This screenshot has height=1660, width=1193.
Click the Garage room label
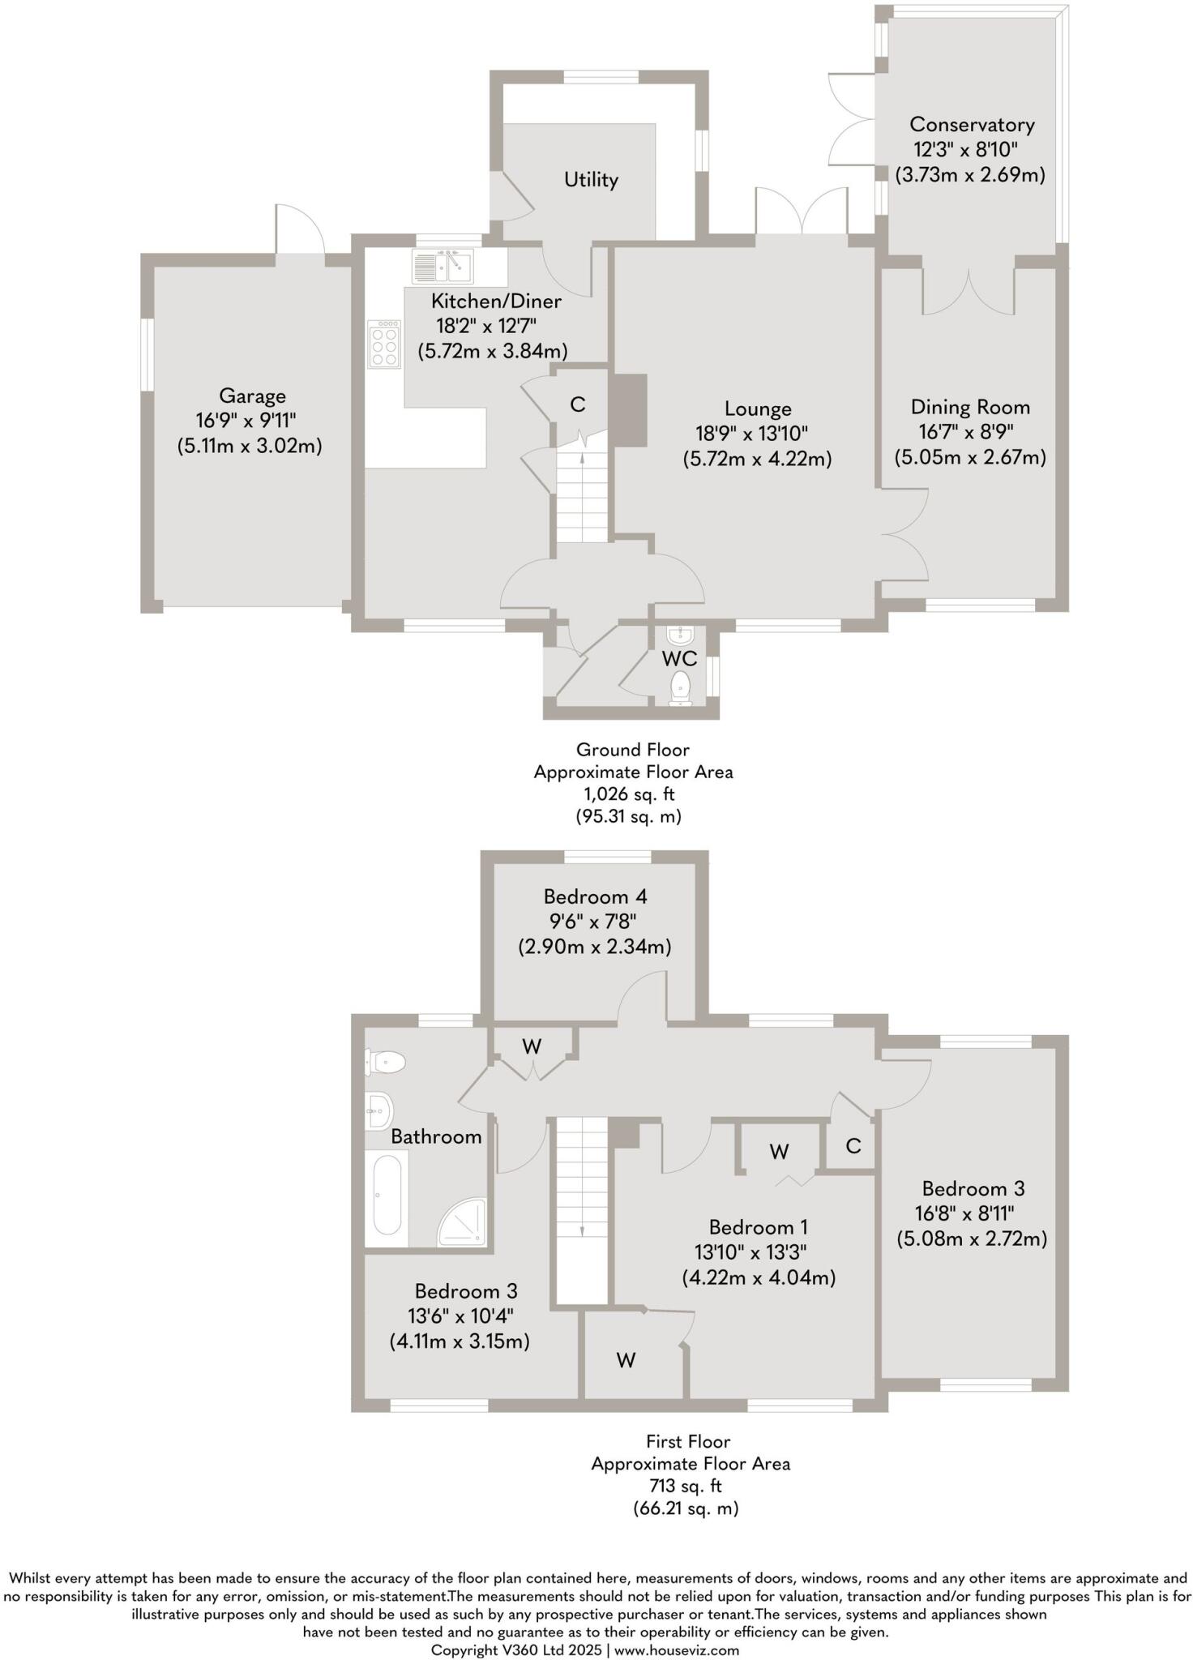click(252, 396)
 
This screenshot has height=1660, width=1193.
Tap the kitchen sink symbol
click(443, 265)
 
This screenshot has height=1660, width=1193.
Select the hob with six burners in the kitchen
click(385, 344)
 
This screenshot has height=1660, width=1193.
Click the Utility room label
click(591, 179)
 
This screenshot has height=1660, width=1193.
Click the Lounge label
click(758, 409)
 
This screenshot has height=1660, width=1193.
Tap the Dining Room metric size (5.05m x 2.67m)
click(970, 457)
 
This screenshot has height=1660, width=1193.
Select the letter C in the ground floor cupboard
click(578, 404)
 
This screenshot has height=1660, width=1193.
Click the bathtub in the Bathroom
click(387, 1199)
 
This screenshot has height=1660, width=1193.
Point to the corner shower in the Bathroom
click(464, 1223)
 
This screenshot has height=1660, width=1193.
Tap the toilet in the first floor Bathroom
click(385, 1061)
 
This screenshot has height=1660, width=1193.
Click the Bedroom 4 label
click(595, 896)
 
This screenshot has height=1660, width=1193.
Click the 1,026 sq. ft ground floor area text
click(632, 794)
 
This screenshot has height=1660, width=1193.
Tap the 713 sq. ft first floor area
click(686, 1486)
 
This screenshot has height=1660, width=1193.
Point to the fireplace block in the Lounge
click(629, 409)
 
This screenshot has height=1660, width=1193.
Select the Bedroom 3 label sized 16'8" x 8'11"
click(973, 1188)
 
